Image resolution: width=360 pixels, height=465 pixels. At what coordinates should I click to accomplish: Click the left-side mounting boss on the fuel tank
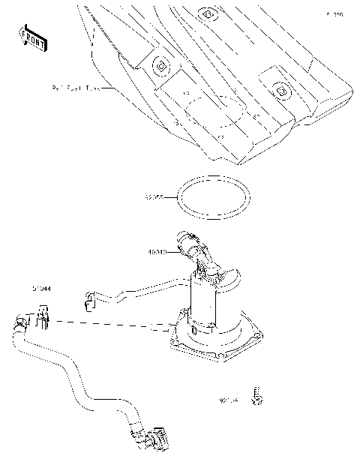[x=159, y=66]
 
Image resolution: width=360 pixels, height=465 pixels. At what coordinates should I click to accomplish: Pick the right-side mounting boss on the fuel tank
[x=280, y=89]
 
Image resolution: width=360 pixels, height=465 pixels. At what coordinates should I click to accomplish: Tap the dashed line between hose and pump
[x=112, y=324]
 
